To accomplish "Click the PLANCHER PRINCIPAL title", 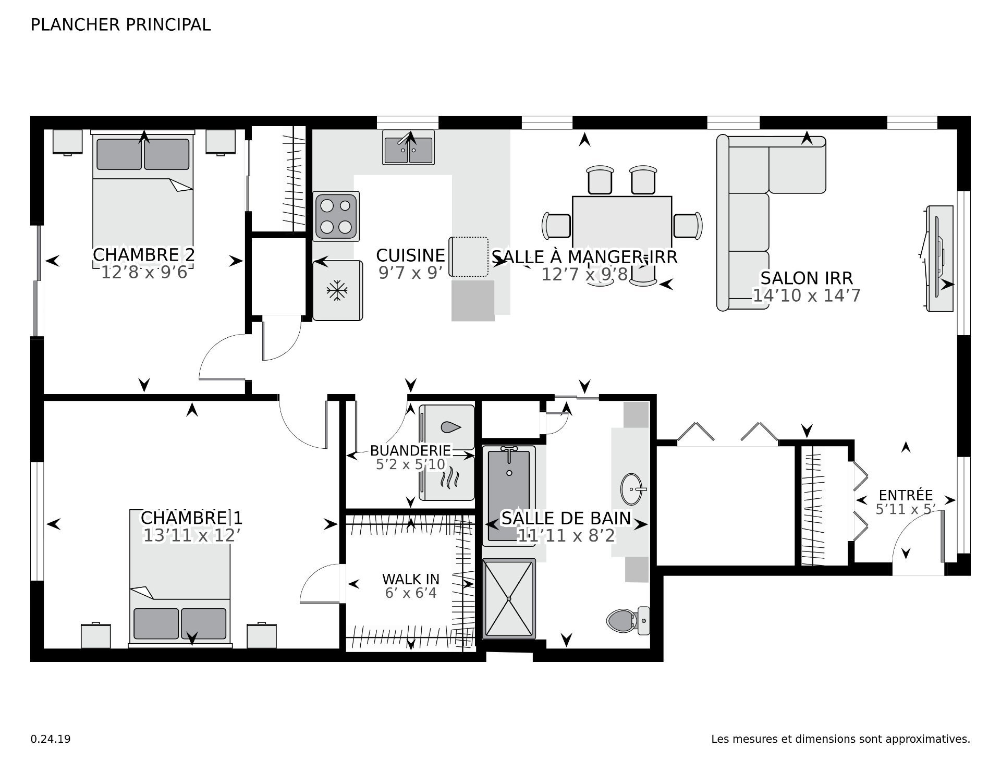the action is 120,24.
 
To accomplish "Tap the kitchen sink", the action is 409,147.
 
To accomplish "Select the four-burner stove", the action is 336,216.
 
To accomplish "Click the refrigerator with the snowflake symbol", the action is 337,290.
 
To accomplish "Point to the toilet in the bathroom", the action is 629,620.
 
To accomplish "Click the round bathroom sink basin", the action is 633,489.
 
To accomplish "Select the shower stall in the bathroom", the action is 509,598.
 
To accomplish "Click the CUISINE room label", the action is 411,255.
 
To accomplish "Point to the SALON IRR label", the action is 807,278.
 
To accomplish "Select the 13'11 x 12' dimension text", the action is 191,535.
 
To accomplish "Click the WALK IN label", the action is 411,579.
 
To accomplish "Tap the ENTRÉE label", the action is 906,495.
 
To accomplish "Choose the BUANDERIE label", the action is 411,450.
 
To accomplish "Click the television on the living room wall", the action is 939,259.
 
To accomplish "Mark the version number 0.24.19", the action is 51,739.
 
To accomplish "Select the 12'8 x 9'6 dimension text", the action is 144,272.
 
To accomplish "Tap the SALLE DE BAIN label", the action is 566,518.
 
